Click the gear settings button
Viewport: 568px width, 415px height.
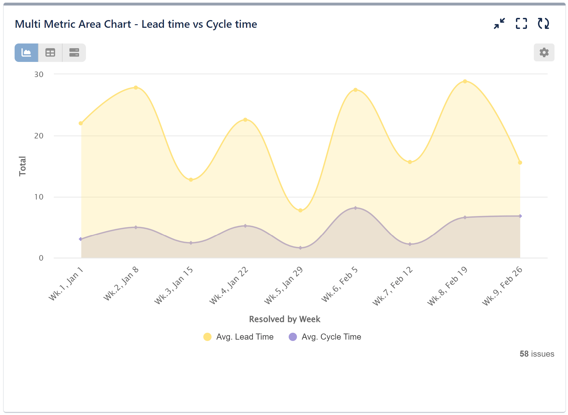click(x=544, y=52)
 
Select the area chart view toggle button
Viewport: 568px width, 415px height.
click(x=26, y=53)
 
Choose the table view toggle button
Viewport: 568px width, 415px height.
click(x=50, y=53)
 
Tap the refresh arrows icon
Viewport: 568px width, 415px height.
click(x=543, y=24)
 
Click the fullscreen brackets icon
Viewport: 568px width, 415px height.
click(x=521, y=24)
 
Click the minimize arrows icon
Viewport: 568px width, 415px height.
click(x=499, y=24)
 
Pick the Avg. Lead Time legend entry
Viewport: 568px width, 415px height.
click(x=238, y=337)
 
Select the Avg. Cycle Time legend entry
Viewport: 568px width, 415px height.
click(x=325, y=337)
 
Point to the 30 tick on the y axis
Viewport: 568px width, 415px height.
click(x=39, y=74)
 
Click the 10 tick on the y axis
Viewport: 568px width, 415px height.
click(x=39, y=197)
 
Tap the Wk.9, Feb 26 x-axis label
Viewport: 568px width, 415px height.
click(x=502, y=286)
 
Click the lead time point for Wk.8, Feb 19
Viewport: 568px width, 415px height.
click(x=465, y=81)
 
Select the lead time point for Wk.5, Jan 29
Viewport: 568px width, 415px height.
click(x=301, y=211)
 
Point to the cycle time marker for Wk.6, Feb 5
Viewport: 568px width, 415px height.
click(x=355, y=208)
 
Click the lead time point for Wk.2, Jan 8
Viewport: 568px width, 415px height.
click(x=136, y=88)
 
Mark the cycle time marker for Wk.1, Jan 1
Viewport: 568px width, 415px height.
click(x=80, y=239)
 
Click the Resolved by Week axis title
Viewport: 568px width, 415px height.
click(x=285, y=319)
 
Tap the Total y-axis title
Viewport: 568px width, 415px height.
click(x=22, y=166)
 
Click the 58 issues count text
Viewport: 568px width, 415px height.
click(x=537, y=354)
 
